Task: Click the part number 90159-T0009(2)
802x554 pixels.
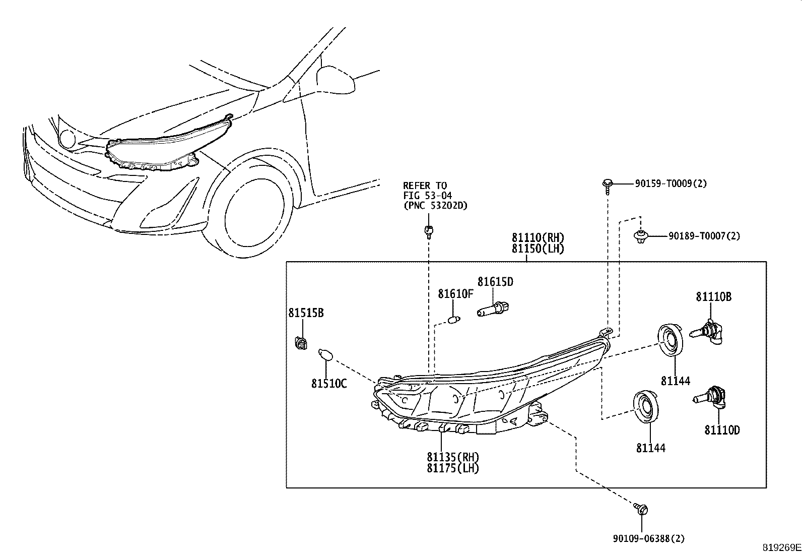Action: coord(671,184)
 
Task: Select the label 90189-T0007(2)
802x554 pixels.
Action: coord(704,236)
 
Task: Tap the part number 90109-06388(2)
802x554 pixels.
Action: coord(649,539)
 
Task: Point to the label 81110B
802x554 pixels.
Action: coord(714,297)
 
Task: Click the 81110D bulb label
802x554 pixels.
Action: coord(722,430)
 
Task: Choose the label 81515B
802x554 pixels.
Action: coord(306,313)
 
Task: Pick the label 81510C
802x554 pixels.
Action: coord(329,384)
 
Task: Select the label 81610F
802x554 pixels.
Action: coord(455,293)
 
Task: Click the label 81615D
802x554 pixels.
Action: coord(495,282)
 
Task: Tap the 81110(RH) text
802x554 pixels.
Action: coord(538,237)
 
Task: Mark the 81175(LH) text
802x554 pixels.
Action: coord(453,468)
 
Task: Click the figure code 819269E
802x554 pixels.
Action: coord(781,547)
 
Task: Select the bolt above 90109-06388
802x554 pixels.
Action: coord(642,510)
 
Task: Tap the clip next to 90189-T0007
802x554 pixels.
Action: coord(640,236)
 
